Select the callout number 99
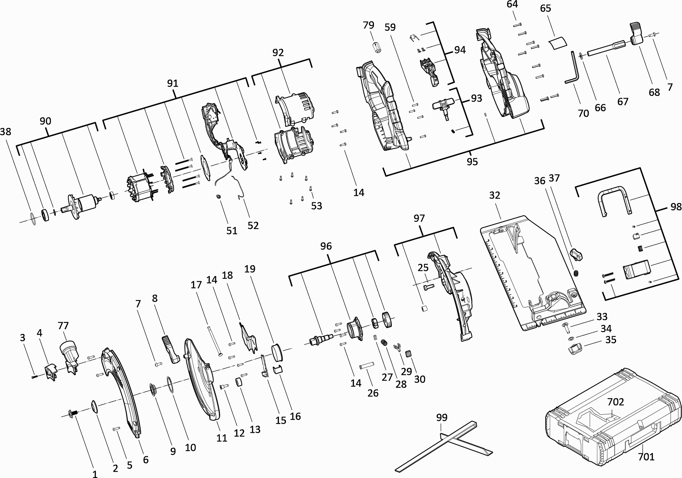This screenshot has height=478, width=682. (442, 417)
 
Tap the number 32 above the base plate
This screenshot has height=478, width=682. (495, 195)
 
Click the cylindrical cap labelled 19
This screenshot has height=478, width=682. (277, 353)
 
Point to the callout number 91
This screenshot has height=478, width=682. (173, 83)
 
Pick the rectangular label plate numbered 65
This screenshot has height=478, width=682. (557, 43)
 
